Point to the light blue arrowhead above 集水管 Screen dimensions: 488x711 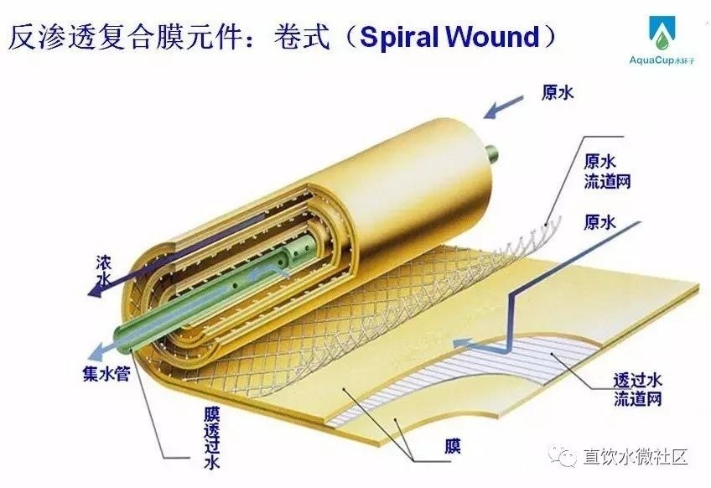pos(99,353)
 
